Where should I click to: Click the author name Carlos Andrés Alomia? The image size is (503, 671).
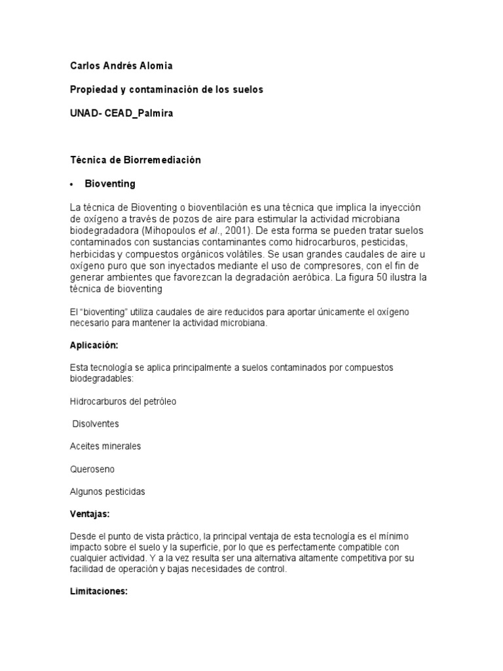(121, 66)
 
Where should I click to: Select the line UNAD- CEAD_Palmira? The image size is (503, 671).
(122, 113)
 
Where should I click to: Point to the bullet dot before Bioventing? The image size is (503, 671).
(72, 184)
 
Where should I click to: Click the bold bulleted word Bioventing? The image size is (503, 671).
(110, 183)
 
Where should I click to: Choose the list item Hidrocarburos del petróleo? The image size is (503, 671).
(123, 401)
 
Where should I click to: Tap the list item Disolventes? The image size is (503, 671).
(96, 424)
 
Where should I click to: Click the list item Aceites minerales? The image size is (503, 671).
(105, 446)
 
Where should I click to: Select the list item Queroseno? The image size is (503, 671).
(92, 469)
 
